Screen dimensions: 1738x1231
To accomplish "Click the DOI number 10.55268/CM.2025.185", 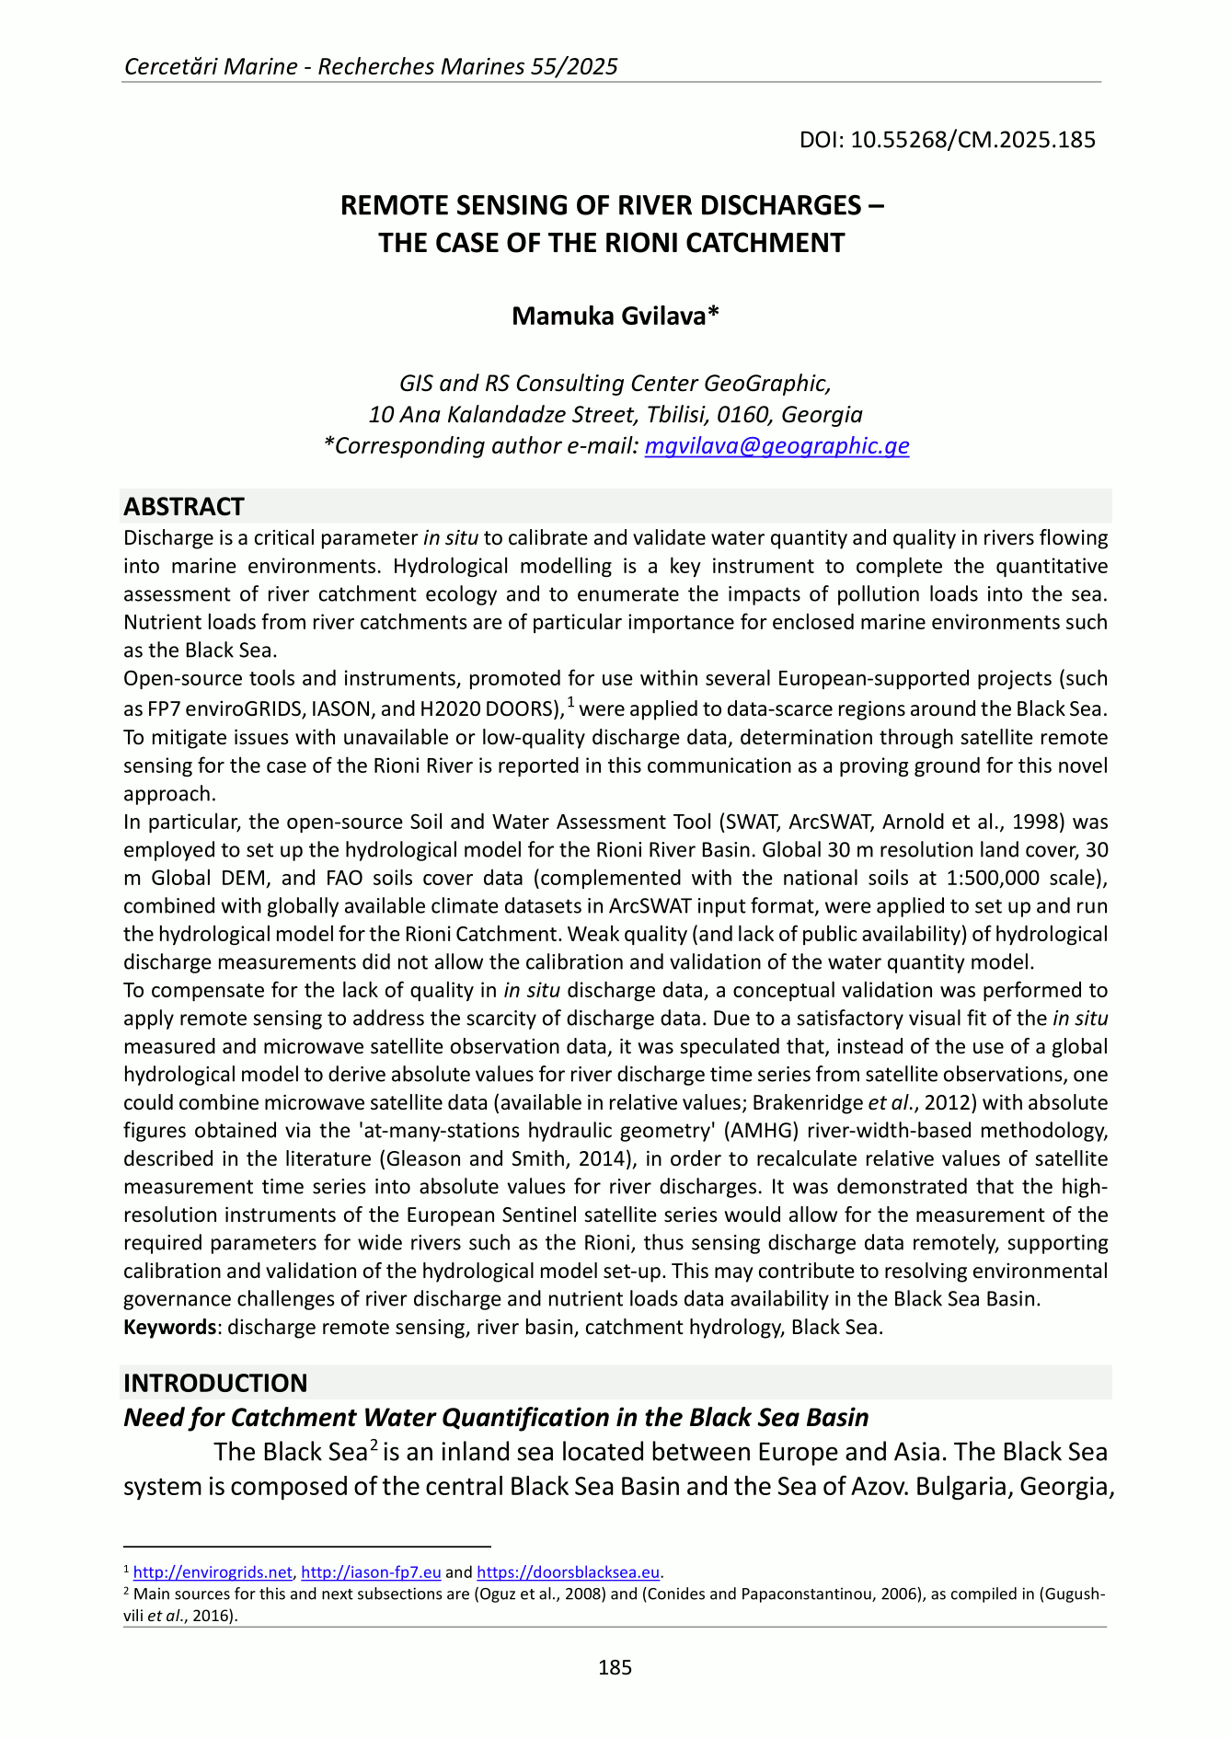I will [x=972, y=140].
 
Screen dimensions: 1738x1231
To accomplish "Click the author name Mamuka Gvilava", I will [x=615, y=316].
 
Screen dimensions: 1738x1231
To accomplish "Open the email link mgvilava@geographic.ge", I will [x=777, y=445].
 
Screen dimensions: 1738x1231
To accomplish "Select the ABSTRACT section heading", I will [x=184, y=507].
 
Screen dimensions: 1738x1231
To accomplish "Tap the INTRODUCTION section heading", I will [x=215, y=1383].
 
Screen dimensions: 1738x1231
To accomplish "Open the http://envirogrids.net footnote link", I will [x=213, y=1572].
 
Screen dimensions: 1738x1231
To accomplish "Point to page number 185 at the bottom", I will [x=615, y=1667].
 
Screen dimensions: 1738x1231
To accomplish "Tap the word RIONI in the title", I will [x=641, y=243].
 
